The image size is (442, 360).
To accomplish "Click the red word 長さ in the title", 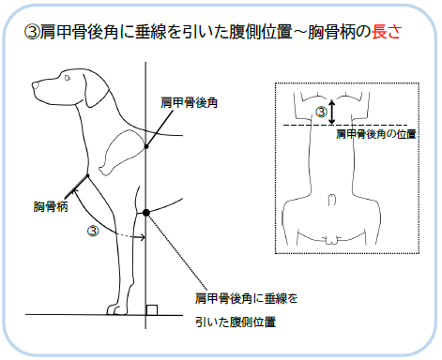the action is tap(387, 32).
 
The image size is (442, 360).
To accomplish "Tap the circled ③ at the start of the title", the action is tap(32, 32).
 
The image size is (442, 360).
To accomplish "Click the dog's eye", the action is tap(67, 78).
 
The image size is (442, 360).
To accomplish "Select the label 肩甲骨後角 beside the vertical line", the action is tap(189, 103).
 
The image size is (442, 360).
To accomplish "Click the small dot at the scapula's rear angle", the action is tap(146, 146).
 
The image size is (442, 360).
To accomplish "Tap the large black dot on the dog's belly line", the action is tap(146, 213).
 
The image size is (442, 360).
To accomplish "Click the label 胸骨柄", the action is tap(51, 207).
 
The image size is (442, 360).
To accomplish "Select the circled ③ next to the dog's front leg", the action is tap(93, 232).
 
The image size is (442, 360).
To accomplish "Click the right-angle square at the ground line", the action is tap(152, 310).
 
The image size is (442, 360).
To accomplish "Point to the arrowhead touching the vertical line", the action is tap(143, 237).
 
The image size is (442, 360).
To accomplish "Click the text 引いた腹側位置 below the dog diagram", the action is tap(236, 322).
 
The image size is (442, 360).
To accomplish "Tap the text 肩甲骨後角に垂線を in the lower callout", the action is tap(247, 298).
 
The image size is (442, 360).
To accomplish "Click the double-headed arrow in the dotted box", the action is tap(332, 112).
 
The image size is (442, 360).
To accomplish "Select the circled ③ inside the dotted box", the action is tap(321, 112).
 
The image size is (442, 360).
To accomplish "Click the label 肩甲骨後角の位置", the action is tap(376, 134).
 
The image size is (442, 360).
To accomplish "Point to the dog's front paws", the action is tap(117, 309).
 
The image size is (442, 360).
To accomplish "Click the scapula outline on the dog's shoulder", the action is tap(122, 152).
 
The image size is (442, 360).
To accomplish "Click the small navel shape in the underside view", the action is tap(332, 200).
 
